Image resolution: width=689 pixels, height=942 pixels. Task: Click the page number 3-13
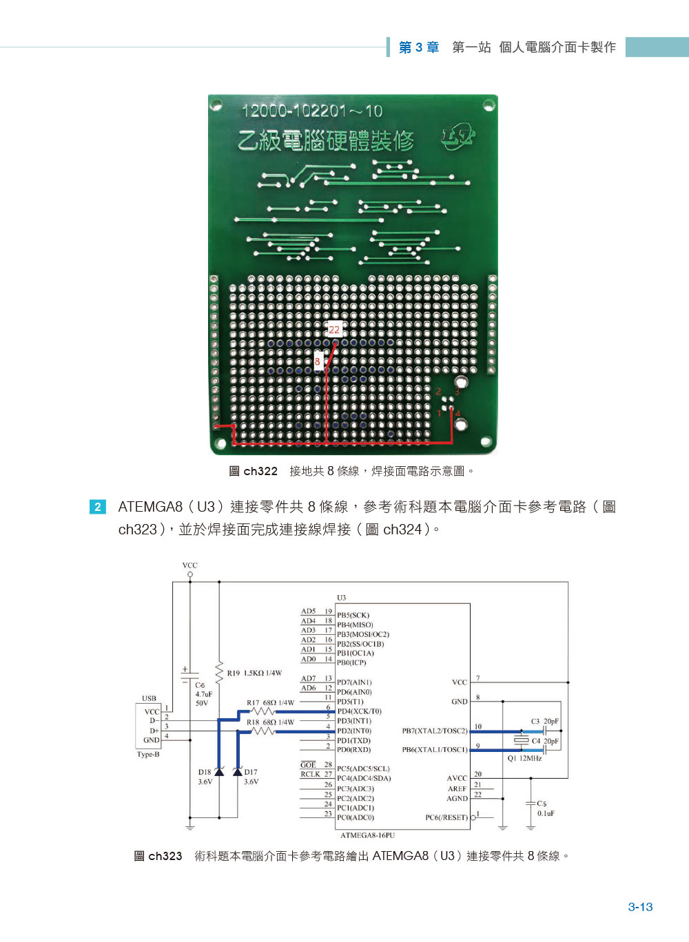pyautogui.click(x=640, y=907)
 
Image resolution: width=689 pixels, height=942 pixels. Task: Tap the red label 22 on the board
pyautogui.click(x=334, y=330)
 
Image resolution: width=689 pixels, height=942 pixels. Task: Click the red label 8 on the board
pyautogui.click(x=318, y=362)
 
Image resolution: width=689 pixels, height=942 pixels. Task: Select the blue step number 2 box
pyautogui.click(x=98, y=507)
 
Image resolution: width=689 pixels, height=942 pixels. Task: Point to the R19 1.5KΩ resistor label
pyautogui.click(x=254, y=673)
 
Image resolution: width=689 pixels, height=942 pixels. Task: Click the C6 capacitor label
pyautogui.click(x=200, y=685)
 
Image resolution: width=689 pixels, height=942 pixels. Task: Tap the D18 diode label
pyautogui.click(x=205, y=772)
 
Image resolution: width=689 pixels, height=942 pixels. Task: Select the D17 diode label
pyautogui.click(x=250, y=772)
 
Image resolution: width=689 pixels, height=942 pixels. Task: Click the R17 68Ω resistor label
pyautogui.click(x=270, y=703)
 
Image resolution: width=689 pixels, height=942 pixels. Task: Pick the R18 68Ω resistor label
pyautogui.click(x=270, y=722)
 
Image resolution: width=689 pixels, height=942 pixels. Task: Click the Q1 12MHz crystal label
pyautogui.click(x=524, y=758)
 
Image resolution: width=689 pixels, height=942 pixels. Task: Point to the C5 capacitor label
pyautogui.click(x=542, y=803)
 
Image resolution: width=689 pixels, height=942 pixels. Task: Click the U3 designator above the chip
pyautogui.click(x=341, y=598)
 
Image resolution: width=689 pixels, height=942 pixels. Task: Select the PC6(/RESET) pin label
pyautogui.click(x=446, y=817)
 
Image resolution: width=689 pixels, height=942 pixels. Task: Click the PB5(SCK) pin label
pyautogui.click(x=353, y=615)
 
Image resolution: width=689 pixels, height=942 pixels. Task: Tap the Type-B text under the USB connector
pyautogui.click(x=148, y=754)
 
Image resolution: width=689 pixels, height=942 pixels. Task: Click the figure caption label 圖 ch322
pyautogui.click(x=253, y=471)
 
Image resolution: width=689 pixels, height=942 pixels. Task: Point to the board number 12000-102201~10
pyautogui.click(x=312, y=111)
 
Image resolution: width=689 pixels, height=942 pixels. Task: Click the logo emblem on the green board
pyautogui.click(x=458, y=136)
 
